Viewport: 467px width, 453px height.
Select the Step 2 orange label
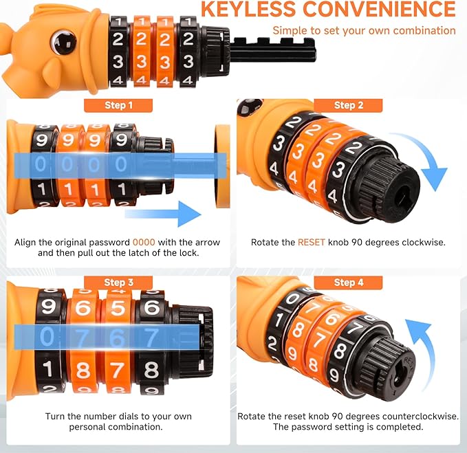click(x=349, y=105)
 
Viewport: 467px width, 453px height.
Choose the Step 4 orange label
click(x=349, y=283)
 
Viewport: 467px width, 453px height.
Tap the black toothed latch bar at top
click(x=272, y=49)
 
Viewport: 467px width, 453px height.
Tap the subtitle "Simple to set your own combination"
click(x=364, y=30)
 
